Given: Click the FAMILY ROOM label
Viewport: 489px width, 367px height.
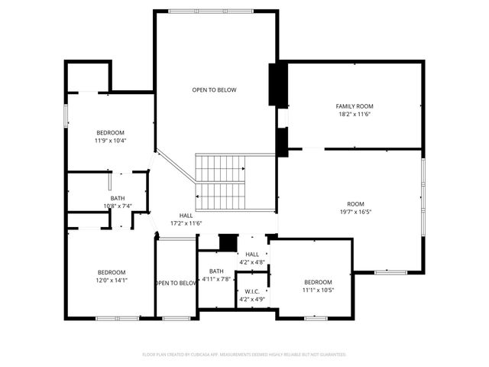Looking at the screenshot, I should [x=355, y=106].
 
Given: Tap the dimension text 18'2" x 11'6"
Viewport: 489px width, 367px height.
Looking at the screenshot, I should [x=355, y=114].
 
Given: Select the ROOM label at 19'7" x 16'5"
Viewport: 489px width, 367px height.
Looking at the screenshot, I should [x=355, y=204].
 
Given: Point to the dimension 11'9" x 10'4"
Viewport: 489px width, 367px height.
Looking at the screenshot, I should [x=110, y=141].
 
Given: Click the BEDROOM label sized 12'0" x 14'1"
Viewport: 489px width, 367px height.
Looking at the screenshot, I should [x=111, y=272].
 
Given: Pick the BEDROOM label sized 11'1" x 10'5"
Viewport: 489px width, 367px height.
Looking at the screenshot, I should [x=318, y=282].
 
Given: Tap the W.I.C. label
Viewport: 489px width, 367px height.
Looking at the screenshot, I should [x=252, y=291].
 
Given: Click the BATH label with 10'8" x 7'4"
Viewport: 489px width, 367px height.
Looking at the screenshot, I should [x=118, y=198].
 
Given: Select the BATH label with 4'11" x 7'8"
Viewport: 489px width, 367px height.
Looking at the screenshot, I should [x=216, y=271].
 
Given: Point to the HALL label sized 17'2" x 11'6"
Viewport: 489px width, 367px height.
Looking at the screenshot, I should [x=186, y=216].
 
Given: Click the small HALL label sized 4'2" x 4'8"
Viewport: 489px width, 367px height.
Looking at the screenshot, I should [x=252, y=254].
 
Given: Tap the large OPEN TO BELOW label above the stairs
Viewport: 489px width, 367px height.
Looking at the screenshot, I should [x=214, y=90].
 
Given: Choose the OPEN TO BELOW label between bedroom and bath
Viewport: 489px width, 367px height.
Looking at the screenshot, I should [x=176, y=283].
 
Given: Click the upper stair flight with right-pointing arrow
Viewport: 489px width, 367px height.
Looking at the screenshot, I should [x=220, y=167].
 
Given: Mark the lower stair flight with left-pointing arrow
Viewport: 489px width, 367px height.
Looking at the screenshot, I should [x=220, y=196].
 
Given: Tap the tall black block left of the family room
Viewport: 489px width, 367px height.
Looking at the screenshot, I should [x=277, y=86].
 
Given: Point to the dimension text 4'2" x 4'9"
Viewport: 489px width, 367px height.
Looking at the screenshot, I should [x=252, y=299].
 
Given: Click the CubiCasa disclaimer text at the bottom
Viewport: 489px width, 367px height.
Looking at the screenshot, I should [x=244, y=355].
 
